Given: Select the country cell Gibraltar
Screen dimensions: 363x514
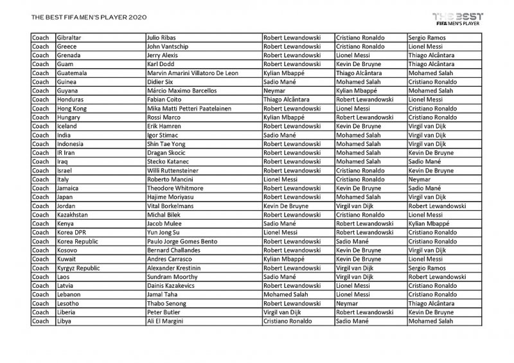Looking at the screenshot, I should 71,38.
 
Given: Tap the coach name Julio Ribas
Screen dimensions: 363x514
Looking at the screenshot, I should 164,38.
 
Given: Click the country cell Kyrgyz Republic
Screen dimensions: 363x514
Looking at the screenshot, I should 78,268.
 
